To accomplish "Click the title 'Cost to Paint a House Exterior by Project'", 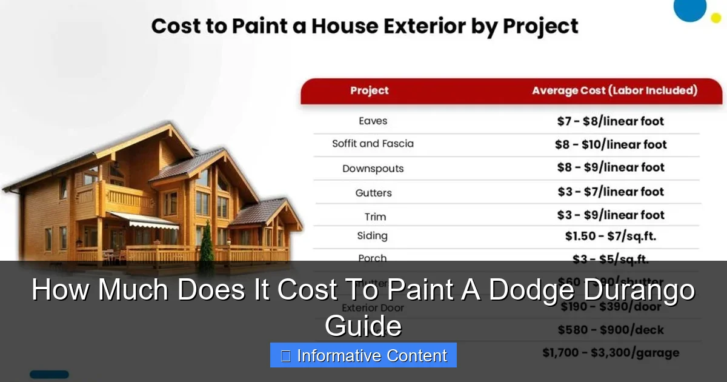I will (x=365, y=27).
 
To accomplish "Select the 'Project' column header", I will (x=369, y=91).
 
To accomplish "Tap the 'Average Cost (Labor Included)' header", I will (x=614, y=91).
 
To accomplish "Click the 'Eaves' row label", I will (x=373, y=121).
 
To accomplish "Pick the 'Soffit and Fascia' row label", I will (x=373, y=144).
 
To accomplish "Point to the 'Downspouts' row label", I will (x=373, y=169).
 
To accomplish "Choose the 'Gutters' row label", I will (x=373, y=193).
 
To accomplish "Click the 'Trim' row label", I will (x=375, y=216).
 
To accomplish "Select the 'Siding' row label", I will (x=372, y=236).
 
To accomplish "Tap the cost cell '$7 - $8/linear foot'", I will (x=610, y=121).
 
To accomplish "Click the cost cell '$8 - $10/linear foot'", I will (x=610, y=144).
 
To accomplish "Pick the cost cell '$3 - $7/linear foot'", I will (x=610, y=192).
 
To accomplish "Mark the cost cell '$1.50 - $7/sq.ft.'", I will (x=610, y=236).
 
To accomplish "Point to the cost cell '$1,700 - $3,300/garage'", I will (x=610, y=352).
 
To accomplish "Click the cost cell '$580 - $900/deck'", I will (x=610, y=330).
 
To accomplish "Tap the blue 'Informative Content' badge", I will (x=363, y=355).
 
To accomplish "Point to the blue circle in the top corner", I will (x=690, y=8).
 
